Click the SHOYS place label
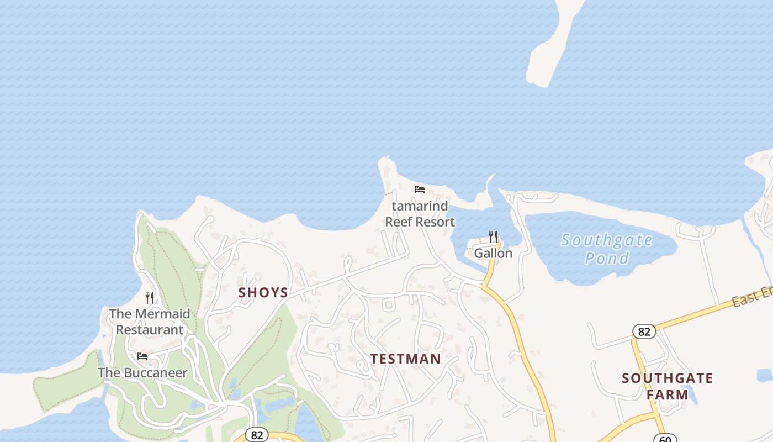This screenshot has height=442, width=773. pos(263,292)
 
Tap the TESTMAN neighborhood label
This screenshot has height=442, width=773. pos(406,359)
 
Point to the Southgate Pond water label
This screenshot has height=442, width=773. pos(607,249)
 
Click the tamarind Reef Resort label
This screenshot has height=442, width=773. pos(420,214)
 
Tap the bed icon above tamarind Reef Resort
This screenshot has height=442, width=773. pos(420,190)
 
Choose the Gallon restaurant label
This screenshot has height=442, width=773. pos(493,254)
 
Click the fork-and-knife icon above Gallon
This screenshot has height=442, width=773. pos(493,237)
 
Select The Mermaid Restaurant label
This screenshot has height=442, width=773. pos(149,322)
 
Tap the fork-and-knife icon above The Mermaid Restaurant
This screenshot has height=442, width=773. pos(150,298)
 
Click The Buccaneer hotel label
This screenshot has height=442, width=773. pos(142,372)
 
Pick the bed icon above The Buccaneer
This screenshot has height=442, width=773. pos(142,356)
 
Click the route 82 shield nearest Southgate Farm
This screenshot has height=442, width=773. pos(644,331)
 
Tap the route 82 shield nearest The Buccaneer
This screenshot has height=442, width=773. pos(257,435)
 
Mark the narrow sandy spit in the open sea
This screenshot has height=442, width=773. pos(552,44)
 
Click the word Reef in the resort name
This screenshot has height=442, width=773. pos(399,222)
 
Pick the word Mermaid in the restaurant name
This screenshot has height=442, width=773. pos(163,314)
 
